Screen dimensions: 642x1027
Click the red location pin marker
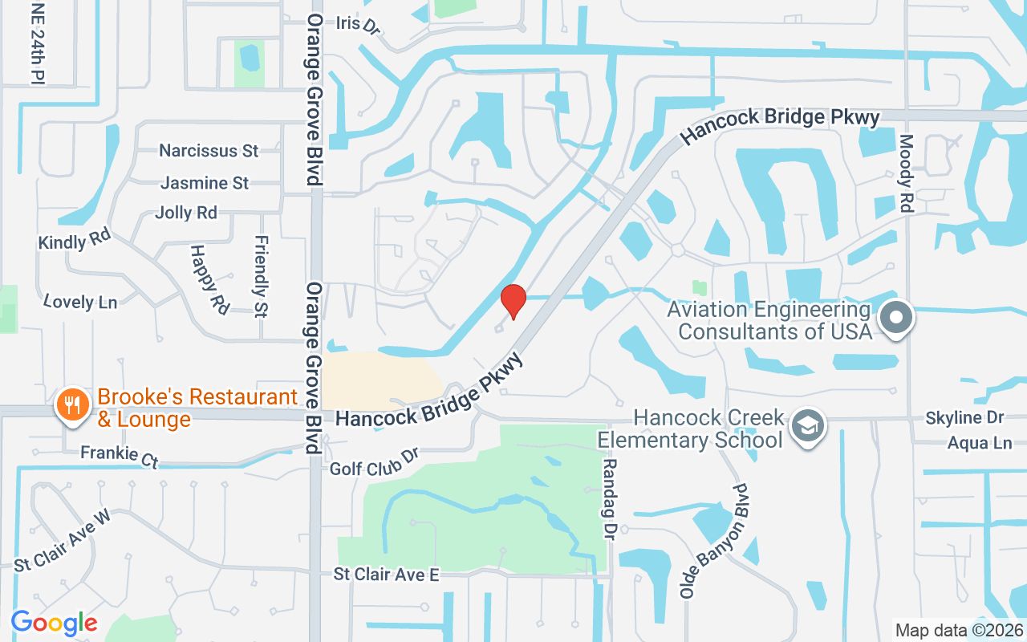point(513,300)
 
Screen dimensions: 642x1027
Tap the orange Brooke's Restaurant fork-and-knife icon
point(72,403)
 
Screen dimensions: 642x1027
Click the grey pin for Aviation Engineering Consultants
point(896,317)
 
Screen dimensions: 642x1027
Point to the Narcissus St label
point(209,151)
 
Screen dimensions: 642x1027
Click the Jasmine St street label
point(205,183)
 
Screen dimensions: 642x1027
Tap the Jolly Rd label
point(185,213)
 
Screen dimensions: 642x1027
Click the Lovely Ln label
point(80,302)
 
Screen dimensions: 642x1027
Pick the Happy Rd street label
point(208,278)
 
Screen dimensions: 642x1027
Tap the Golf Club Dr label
point(375,461)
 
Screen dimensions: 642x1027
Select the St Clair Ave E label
point(387,575)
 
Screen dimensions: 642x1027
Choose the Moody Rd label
point(907,173)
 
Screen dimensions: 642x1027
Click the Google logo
point(54,623)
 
